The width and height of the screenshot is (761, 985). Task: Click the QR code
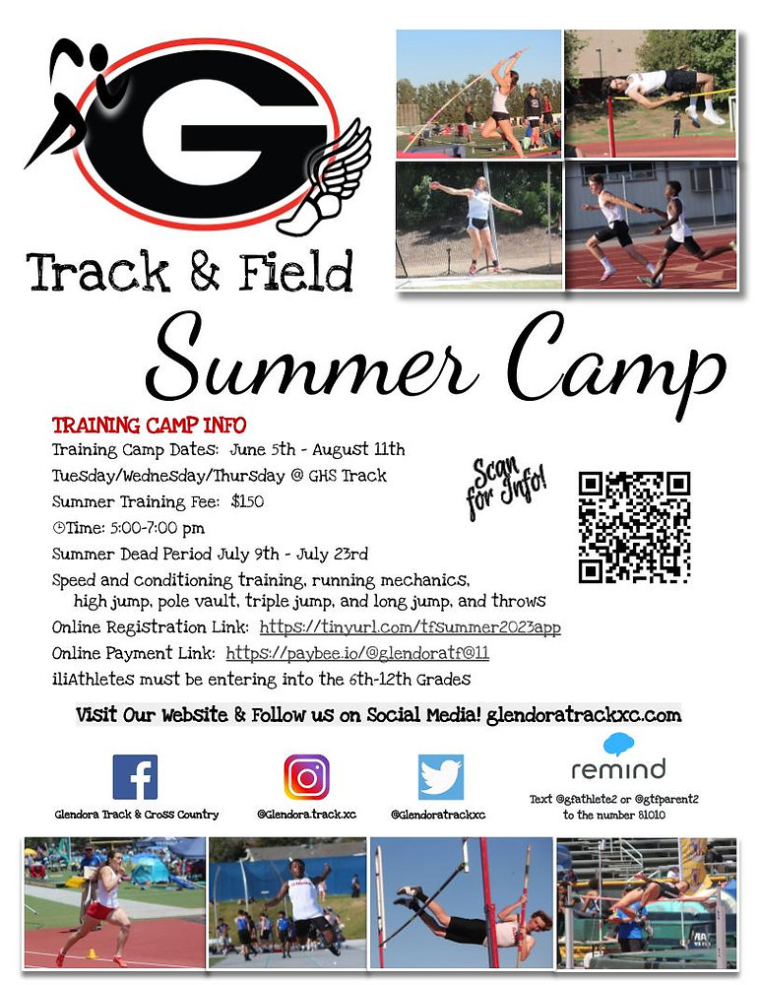coord(634,527)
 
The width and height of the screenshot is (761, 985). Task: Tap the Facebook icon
coord(135,776)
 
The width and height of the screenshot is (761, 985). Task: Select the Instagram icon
coord(306,776)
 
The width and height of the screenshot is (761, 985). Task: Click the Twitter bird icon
coord(440,776)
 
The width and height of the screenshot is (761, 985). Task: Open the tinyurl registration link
coord(410,626)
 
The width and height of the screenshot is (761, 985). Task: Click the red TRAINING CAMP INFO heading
coord(149,427)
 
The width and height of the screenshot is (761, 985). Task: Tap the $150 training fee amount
coord(247,500)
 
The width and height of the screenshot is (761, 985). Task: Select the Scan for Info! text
coord(506,487)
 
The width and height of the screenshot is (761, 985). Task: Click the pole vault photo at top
coord(478,93)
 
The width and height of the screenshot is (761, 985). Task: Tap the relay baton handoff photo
coord(651,225)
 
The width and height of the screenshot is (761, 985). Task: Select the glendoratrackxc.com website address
coord(584,714)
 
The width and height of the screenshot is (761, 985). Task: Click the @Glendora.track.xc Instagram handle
coord(306,815)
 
